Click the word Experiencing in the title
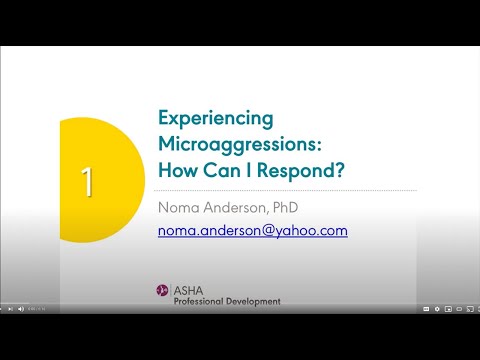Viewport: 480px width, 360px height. tap(216, 118)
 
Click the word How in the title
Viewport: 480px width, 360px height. tap(176, 169)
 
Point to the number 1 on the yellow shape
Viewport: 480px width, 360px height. tap(87, 182)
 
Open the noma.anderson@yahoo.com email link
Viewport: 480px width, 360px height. tap(252, 230)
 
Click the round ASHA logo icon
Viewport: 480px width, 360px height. tap(162, 290)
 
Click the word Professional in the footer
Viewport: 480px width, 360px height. tap(205, 300)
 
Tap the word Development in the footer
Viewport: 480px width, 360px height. tap(257, 300)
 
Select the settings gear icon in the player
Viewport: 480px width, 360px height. tap(437, 309)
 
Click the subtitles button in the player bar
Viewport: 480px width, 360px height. tap(426, 309)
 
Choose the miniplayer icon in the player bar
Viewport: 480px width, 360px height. tap(448, 309)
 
